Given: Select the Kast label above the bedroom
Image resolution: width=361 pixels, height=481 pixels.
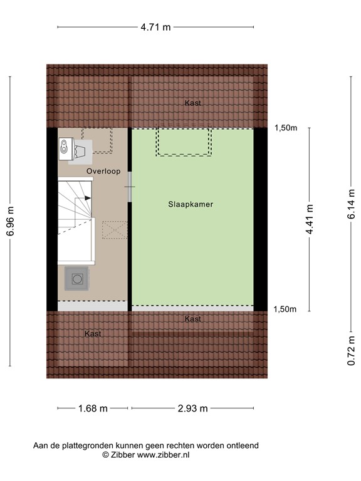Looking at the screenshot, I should click(x=193, y=103).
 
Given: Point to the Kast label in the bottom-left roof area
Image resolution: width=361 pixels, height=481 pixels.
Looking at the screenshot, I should click(x=93, y=334).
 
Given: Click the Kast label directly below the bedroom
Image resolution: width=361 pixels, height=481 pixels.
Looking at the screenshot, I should click(x=193, y=319).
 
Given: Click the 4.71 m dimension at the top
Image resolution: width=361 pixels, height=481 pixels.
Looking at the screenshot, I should click(x=155, y=27).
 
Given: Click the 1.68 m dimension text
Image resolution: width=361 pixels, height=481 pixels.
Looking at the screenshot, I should click(x=92, y=408).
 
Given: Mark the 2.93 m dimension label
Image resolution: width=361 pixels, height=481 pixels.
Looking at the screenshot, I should click(x=192, y=408).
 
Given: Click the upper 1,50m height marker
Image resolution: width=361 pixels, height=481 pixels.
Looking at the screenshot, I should click(x=286, y=128).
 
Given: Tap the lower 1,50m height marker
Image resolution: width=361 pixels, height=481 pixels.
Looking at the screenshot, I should click(x=286, y=309).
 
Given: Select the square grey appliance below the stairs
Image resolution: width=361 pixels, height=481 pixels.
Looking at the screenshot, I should click(x=76, y=277).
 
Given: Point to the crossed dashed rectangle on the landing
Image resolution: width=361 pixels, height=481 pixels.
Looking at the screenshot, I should click(x=113, y=229).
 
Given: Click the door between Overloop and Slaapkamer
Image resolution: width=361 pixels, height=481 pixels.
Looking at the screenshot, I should click(x=129, y=187).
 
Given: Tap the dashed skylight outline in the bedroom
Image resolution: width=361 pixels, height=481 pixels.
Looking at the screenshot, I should click(x=184, y=142).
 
